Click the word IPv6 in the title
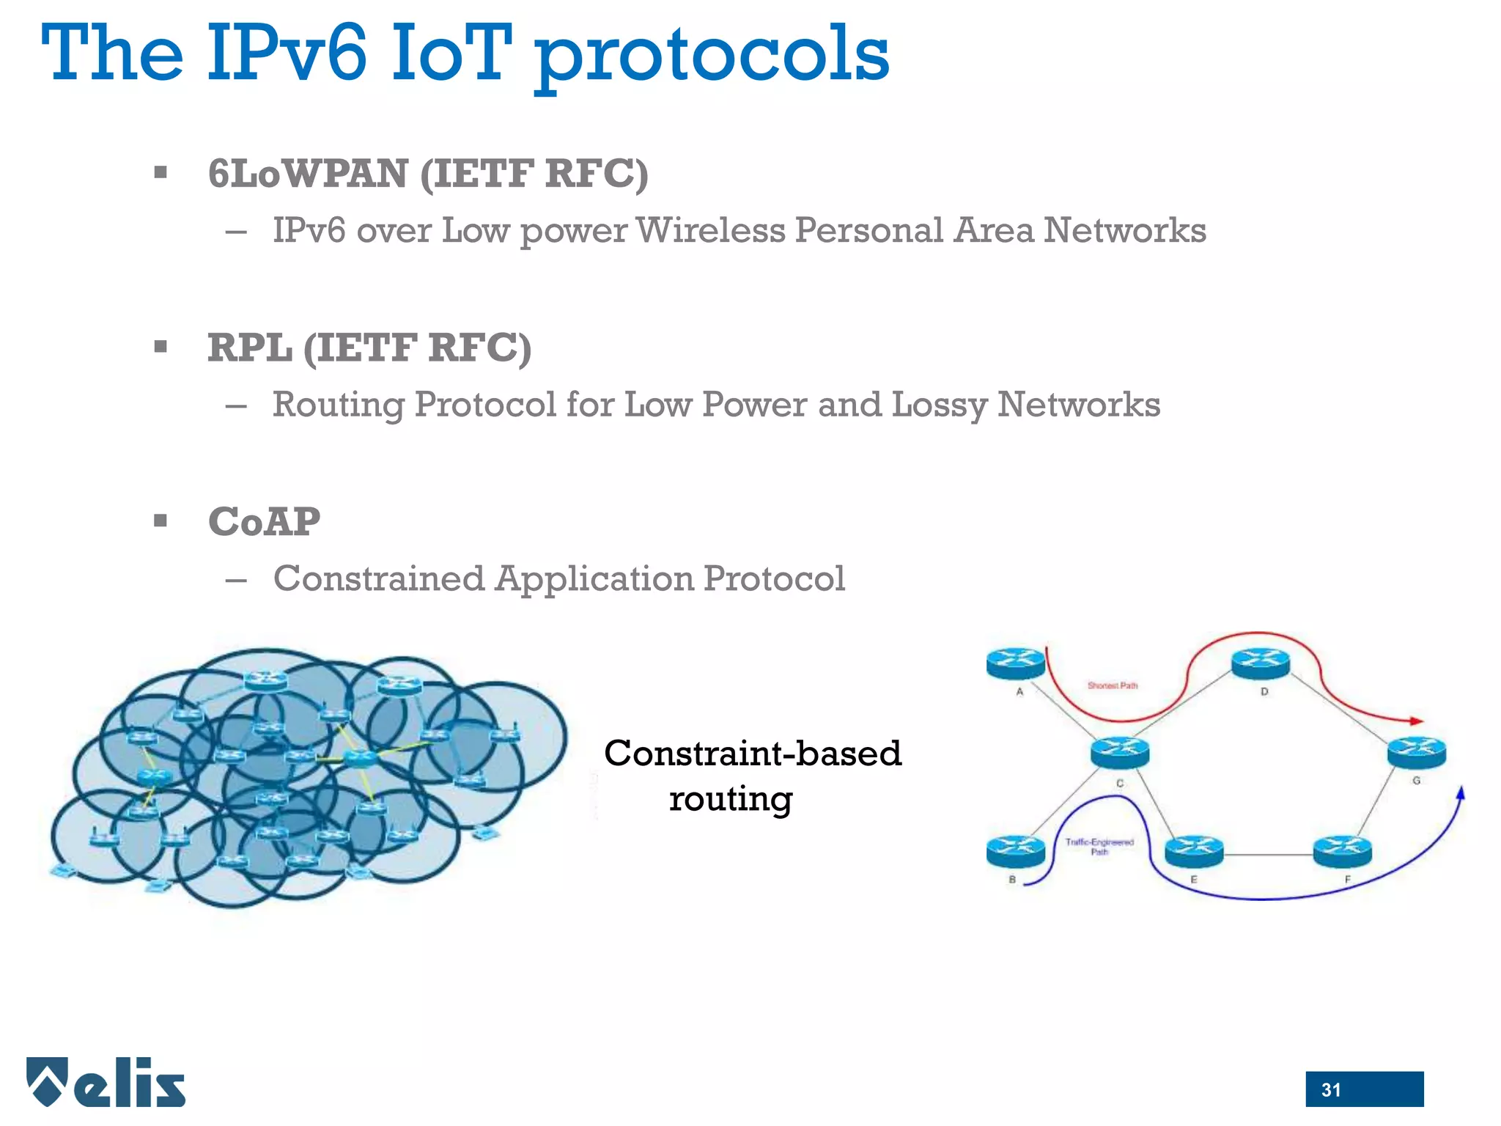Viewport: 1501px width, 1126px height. (287, 53)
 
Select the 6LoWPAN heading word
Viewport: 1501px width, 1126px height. (308, 174)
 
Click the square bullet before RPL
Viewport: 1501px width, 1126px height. (161, 347)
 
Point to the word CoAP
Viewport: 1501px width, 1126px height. (264, 522)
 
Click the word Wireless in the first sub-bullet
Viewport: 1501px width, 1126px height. (710, 230)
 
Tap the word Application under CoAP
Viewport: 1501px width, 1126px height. (594, 579)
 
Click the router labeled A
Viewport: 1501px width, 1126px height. (1015, 663)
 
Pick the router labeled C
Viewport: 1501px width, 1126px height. (1120, 752)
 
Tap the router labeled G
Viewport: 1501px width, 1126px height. (1417, 752)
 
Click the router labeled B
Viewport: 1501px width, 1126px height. (1015, 851)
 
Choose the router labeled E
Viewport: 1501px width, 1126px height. (1194, 850)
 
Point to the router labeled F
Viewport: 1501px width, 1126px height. (1343, 850)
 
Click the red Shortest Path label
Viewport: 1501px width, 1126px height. (1113, 686)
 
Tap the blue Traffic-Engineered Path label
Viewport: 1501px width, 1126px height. (1099, 847)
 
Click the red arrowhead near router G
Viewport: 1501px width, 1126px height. (1416, 721)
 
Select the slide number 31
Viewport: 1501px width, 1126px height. (1331, 1090)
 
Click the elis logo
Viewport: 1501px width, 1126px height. (107, 1083)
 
